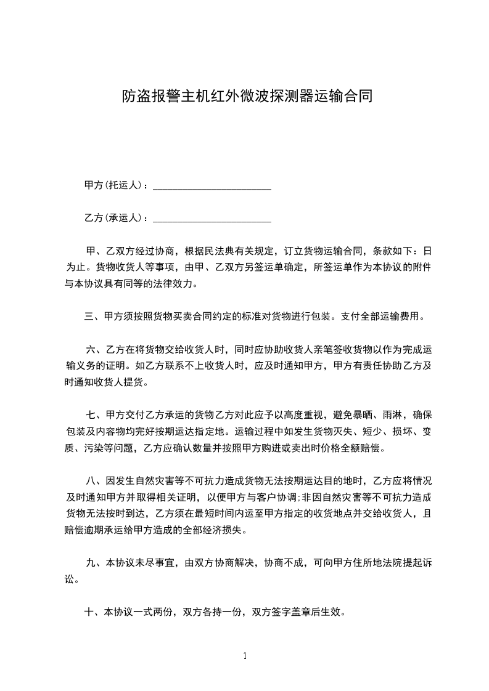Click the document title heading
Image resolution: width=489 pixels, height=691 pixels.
pos(247,97)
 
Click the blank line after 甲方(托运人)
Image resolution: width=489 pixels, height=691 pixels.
pos(212,185)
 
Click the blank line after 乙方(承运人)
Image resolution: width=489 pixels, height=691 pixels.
pos(212,218)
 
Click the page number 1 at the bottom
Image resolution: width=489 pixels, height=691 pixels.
pos(245,656)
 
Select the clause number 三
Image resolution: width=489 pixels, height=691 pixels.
pos(89,317)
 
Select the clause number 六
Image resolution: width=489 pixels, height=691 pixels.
pos(91,350)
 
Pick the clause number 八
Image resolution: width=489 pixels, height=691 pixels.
pos(91,480)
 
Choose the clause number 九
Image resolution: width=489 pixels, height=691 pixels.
pos(91,562)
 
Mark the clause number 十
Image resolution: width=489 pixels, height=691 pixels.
pos(89,613)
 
